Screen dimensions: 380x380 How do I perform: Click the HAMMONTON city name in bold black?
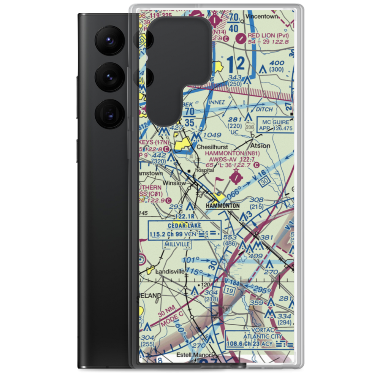click(223, 206)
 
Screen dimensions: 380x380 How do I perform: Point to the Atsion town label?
click(261, 146)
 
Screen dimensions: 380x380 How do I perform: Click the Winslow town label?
click(174, 183)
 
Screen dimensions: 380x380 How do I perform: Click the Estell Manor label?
click(194, 355)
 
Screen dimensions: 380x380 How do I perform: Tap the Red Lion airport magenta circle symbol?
click(241, 38)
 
